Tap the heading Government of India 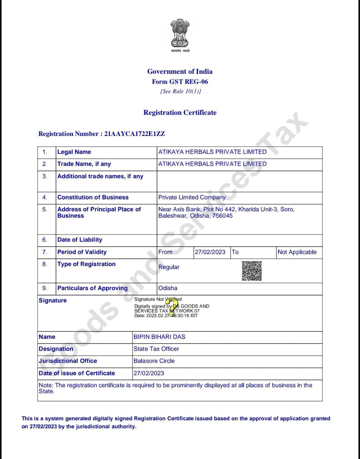click(180, 71)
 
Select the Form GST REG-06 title click(180, 81)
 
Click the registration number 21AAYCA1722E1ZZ click(135, 134)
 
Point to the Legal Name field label click(74, 152)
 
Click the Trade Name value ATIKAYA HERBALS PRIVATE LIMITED click(212, 164)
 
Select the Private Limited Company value click(192, 197)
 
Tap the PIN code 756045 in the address click(222, 216)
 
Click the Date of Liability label click(80, 240)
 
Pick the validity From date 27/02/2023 click(210, 252)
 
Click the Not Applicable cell click(297, 252)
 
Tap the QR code click(252, 271)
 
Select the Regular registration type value click(169, 267)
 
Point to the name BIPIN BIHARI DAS click(159, 337)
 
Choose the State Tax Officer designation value click(156, 349)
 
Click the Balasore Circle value click(154, 361)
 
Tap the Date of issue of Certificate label click(77, 373)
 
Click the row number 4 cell click(45, 197)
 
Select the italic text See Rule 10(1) click(181, 91)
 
